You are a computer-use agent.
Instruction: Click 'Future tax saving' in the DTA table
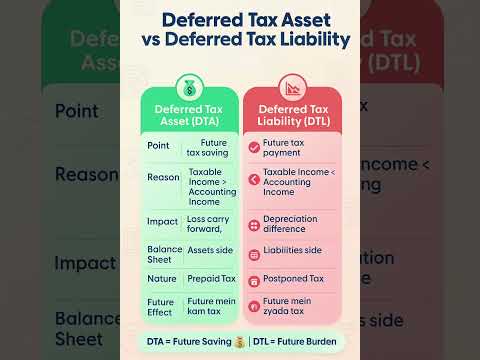pos(207,148)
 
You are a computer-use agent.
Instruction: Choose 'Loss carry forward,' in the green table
pos(207,225)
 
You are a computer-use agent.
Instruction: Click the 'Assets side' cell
pos(208,251)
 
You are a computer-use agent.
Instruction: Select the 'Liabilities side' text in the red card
pos(294,251)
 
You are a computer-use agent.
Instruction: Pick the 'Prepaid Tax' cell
pos(210,278)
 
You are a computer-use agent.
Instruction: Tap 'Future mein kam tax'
pos(210,305)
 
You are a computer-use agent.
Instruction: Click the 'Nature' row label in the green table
pos(162,278)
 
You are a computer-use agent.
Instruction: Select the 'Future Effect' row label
pos(162,305)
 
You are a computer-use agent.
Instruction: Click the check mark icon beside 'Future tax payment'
pos(253,148)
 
